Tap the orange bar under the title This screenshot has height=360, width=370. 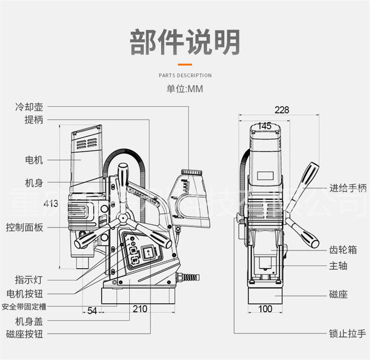tap(185, 64)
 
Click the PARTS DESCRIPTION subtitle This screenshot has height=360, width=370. tap(185, 75)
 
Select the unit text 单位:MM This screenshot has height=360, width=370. tap(185, 89)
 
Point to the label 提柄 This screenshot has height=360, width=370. tap(34, 120)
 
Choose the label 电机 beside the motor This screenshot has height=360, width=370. tap(34, 160)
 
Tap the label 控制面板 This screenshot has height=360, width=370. tap(25, 227)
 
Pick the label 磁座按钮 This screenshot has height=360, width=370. tap(25, 334)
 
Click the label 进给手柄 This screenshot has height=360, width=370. tap(348, 188)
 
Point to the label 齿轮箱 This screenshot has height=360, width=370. tap(343, 250)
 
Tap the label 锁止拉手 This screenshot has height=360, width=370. tap(348, 333)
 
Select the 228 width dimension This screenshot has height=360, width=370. tap(282, 110)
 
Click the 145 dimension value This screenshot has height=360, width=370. tap(265, 126)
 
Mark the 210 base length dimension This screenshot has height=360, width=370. tap(140, 309)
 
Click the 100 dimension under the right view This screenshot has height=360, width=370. tap(265, 309)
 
